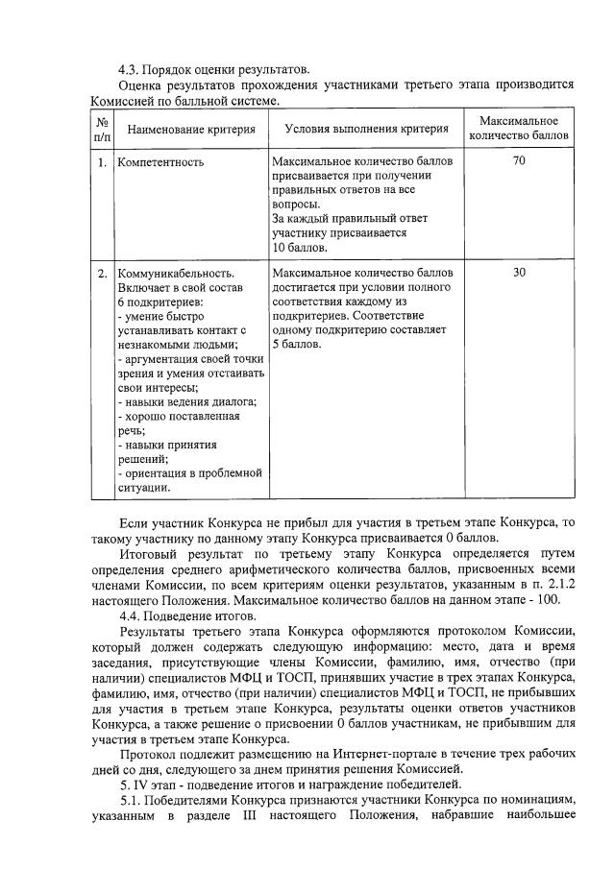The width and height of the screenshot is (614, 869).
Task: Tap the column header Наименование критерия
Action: [x=191, y=129]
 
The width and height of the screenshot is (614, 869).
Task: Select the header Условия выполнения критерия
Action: [x=367, y=129]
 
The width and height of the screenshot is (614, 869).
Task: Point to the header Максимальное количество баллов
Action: [x=519, y=129]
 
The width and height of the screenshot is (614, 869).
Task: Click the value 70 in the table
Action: [x=519, y=161]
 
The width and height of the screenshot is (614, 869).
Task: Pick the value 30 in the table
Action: [x=519, y=273]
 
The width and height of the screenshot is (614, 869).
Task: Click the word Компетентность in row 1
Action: [x=160, y=161]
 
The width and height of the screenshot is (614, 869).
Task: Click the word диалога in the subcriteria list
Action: [x=234, y=402]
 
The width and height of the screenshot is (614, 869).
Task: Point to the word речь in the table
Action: [x=131, y=431]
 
